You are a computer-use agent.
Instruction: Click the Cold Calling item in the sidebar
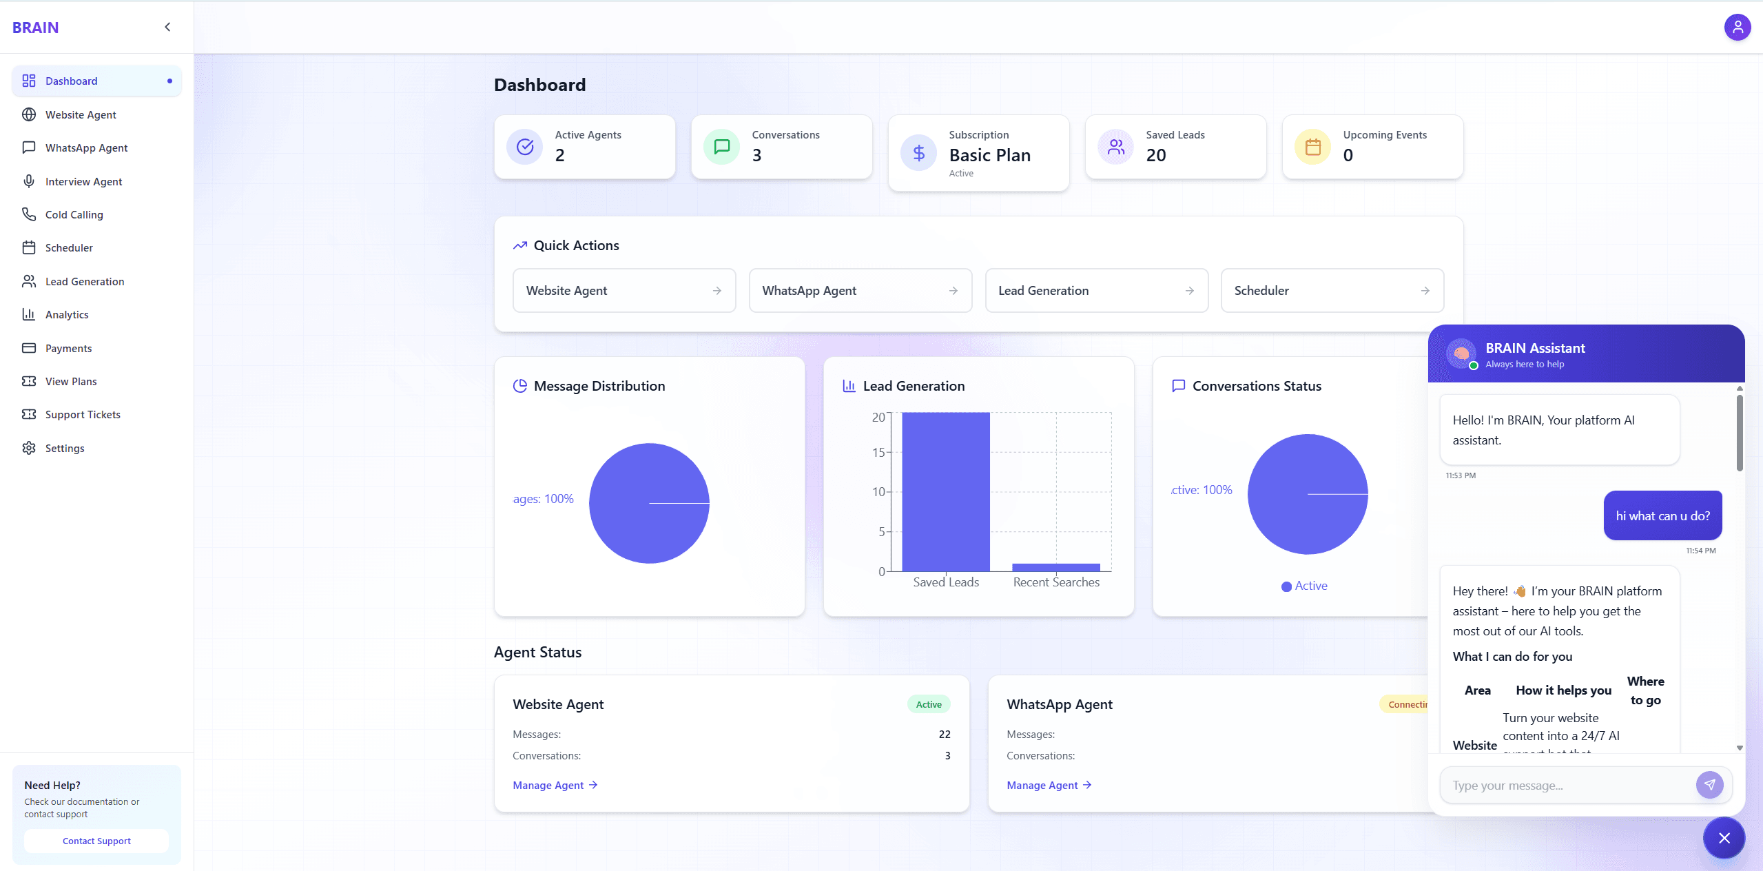(x=74, y=214)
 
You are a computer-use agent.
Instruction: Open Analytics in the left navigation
(x=67, y=314)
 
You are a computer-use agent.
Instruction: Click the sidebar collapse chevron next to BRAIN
(x=167, y=27)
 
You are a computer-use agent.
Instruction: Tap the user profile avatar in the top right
(x=1737, y=27)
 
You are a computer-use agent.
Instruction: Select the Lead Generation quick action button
(x=1096, y=290)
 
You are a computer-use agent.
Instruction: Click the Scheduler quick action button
(x=1332, y=290)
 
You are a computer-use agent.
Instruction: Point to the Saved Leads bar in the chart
(x=945, y=491)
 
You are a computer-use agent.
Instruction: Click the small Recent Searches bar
(x=1055, y=567)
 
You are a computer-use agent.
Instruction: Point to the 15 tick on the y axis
(x=878, y=452)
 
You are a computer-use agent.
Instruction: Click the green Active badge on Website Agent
(x=928, y=704)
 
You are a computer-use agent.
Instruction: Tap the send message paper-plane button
(x=1709, y=785)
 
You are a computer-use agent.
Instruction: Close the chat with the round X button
(x=1724, y=838)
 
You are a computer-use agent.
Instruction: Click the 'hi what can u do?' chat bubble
(x=1662, y=515)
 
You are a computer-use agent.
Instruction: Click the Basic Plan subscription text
(x=989, y=155)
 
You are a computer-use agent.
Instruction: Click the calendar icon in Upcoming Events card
(x=1312, y=147)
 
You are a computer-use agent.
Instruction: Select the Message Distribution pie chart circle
(x=649, y=503)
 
